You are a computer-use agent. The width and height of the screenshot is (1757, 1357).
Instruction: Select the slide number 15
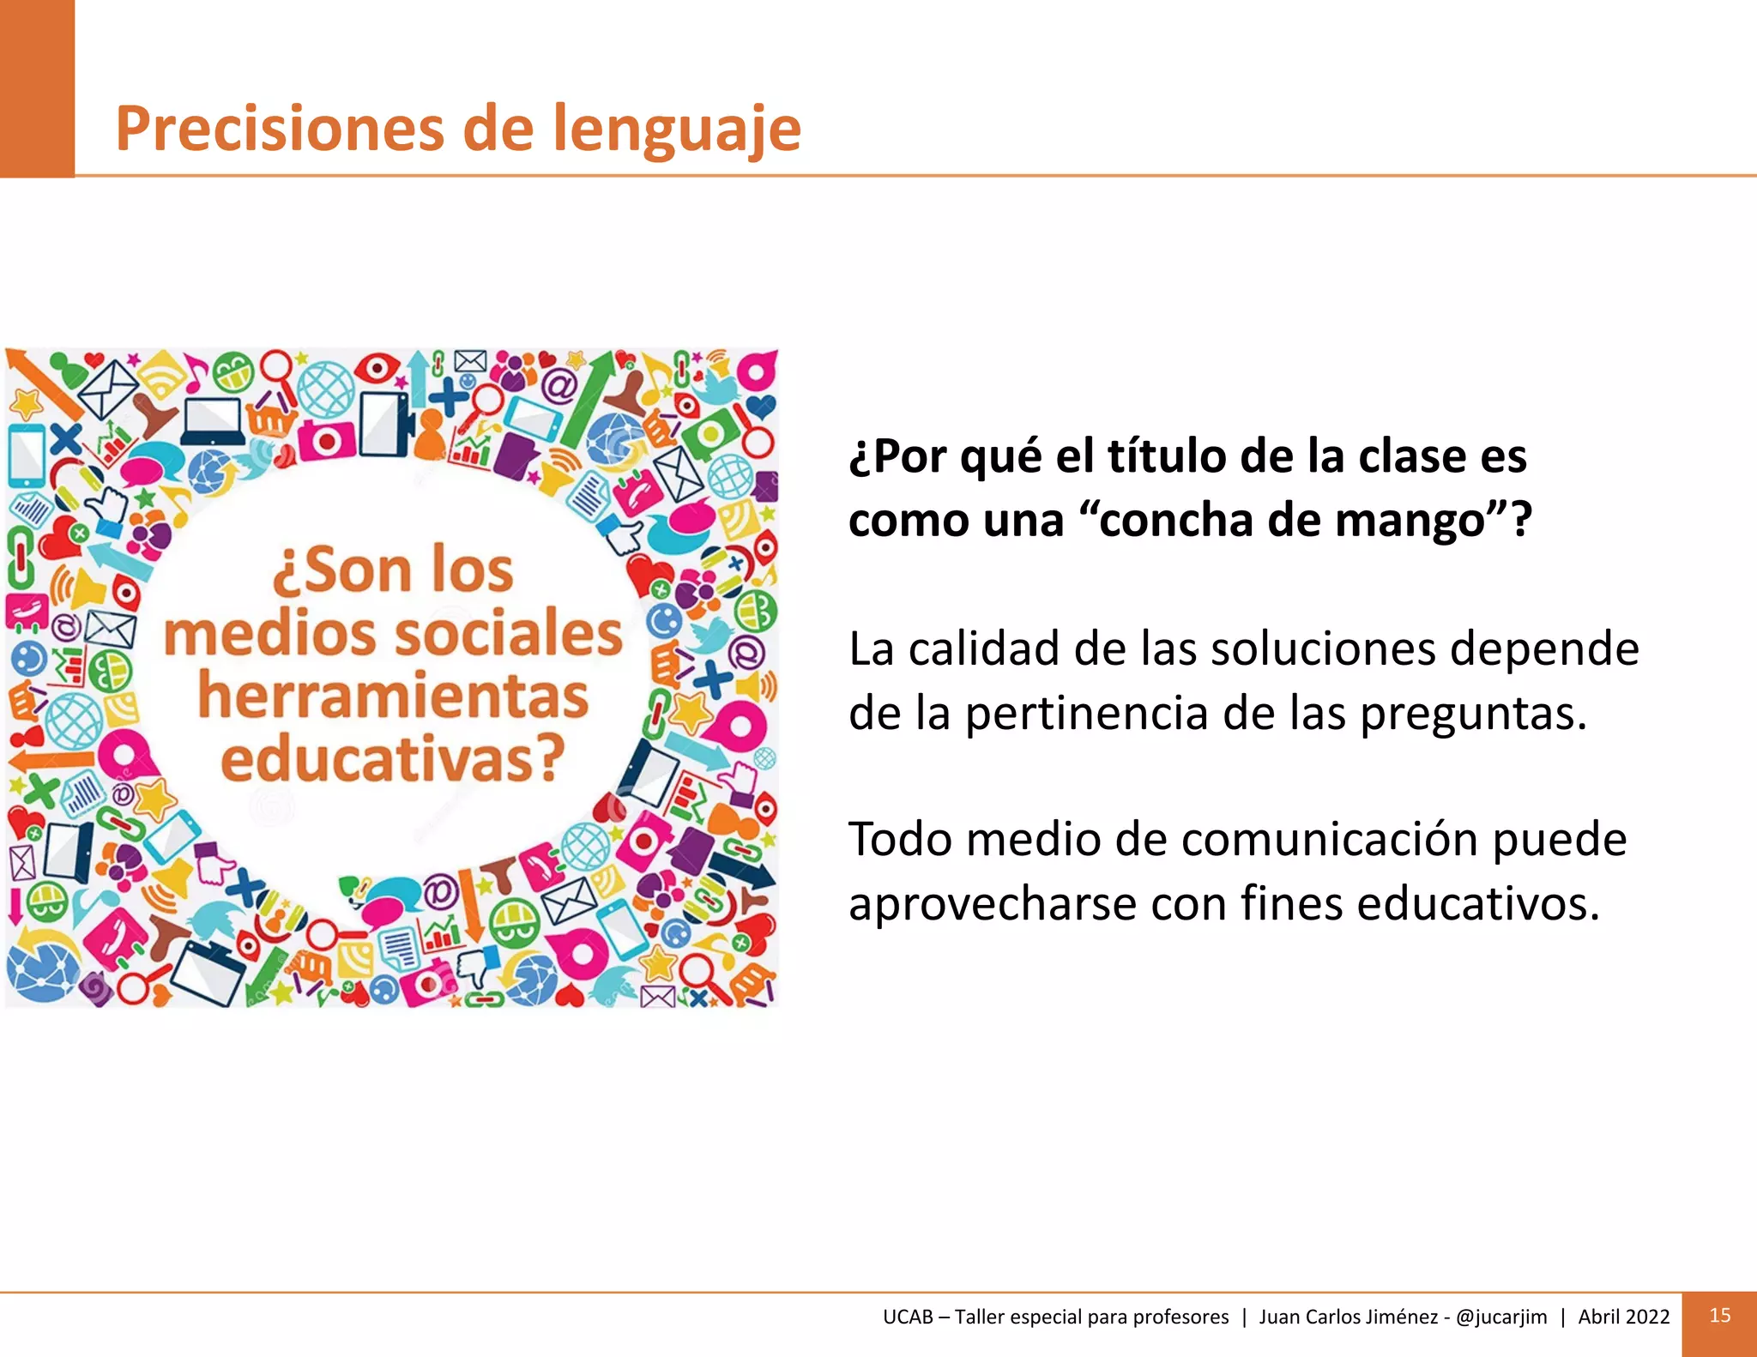(x=1719, y=1316)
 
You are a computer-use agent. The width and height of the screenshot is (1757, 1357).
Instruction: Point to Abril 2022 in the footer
(x=1624, y=1317)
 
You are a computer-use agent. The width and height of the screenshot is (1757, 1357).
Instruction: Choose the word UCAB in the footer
(x=908, y=1317)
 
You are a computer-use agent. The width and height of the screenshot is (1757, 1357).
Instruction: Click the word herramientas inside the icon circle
(x=394, y=696)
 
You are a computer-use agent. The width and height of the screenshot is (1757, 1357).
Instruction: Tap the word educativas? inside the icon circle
(x=394, y=758)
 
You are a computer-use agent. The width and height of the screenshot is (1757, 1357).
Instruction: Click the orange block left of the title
(x=37, y=88)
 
